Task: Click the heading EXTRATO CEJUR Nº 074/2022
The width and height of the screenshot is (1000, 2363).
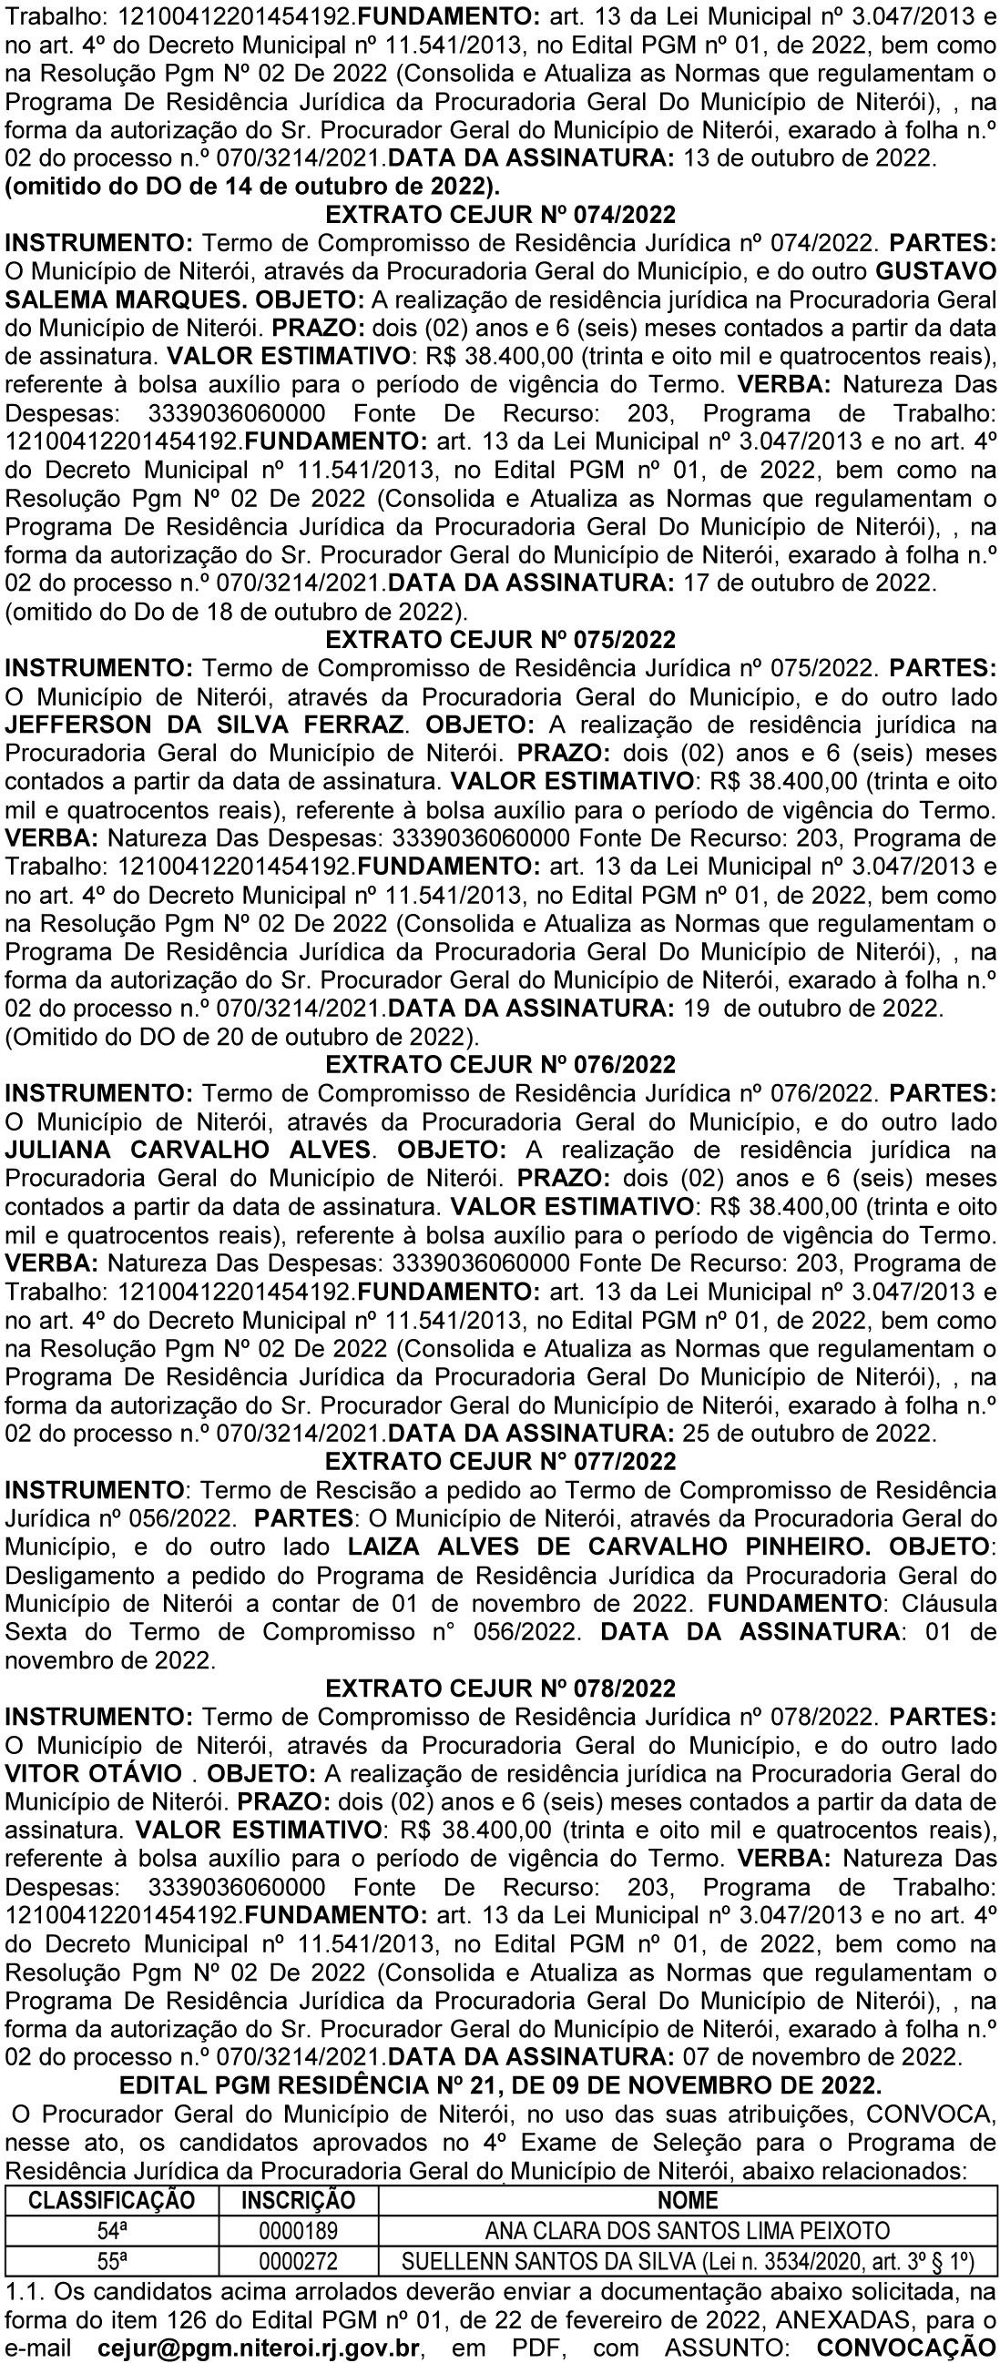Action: pyautogui.click(x=501, y=215)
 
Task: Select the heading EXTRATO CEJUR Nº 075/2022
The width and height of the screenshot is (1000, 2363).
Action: pyautogui.click(x=501, y=638)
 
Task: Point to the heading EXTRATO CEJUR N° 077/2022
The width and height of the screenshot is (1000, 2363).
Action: pyautogui.click(x=501, y=1460)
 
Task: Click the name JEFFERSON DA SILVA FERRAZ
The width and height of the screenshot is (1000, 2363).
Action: pyautogui.click(x=205, y=724)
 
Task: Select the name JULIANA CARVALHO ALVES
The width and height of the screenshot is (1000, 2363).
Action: pyautogui.click(x=189, y=1149)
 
